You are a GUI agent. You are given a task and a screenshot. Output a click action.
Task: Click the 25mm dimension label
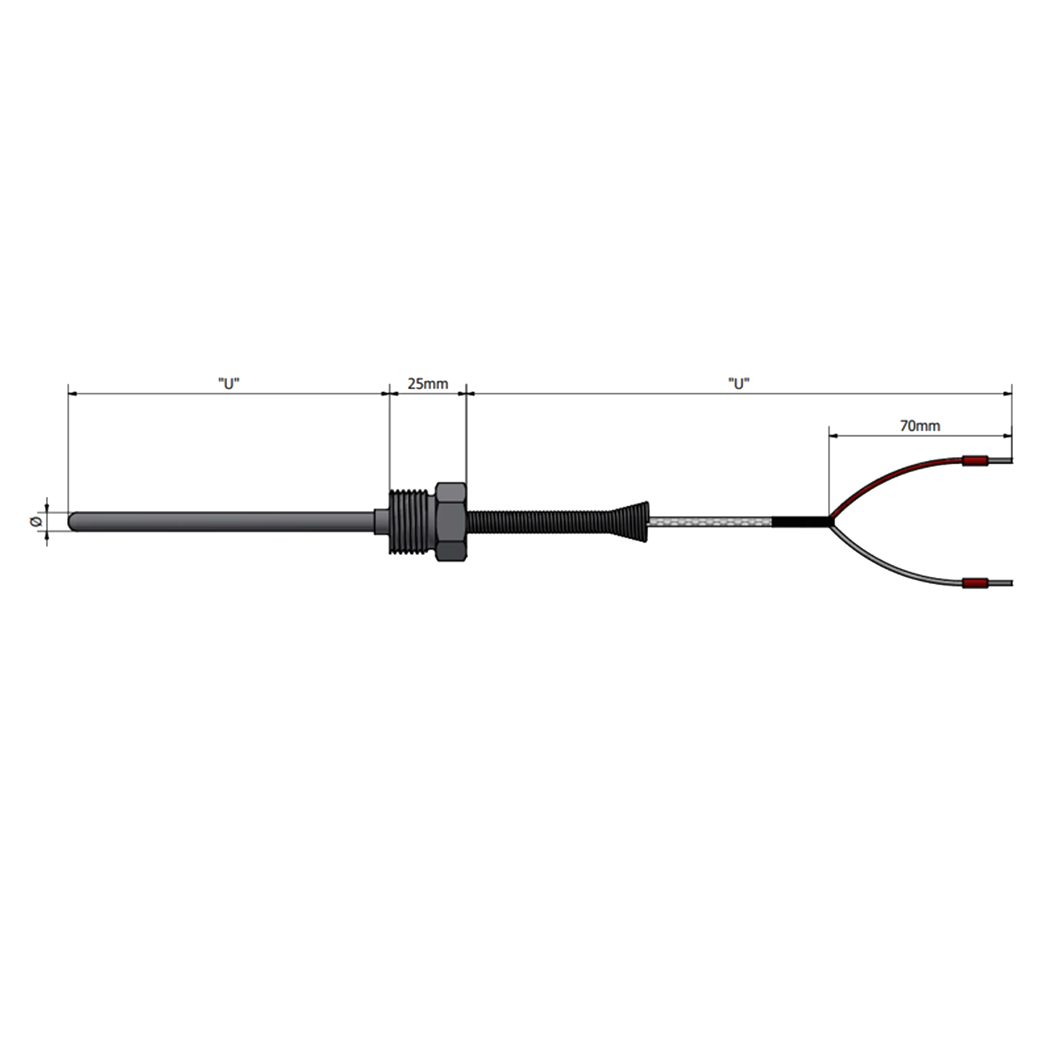pyautogui.click(x=428, y=384)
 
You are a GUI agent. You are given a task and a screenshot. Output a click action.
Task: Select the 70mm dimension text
pyautogui.click(x=920, y=426)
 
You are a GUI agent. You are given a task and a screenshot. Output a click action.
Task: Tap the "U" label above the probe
pyautogui.click(x=229, y=384)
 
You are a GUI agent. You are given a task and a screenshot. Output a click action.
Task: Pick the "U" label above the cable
pyautogui.click(x=739, y=384)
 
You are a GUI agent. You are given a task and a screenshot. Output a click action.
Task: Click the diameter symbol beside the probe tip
pyautogui.click(x=36, y=521)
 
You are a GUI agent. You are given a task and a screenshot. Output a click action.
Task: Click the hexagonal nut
pyautogui.click(x=451, y=521)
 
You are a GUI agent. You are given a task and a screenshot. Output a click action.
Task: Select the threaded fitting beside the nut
pyautogui.click(x=412, y=522)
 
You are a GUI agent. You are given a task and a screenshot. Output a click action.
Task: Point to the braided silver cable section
pyautogui.click(x=710, y=522)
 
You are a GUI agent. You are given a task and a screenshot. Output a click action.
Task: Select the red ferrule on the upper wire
pyautogui.click(x=975, y=461)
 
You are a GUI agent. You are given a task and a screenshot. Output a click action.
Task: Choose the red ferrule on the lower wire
pyautogui.click(x=975, y=583)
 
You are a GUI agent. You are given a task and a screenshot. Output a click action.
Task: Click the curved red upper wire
pyautogui.click(x=881, y=474)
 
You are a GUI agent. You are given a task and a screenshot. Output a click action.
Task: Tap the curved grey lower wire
pyautogui.click(x=881, y=569)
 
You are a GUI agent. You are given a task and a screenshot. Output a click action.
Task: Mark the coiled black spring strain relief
pyautogui.click(x=539, y=522)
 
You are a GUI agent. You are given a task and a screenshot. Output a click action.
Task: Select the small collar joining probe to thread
pyautogui.click(x=382, y=521)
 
